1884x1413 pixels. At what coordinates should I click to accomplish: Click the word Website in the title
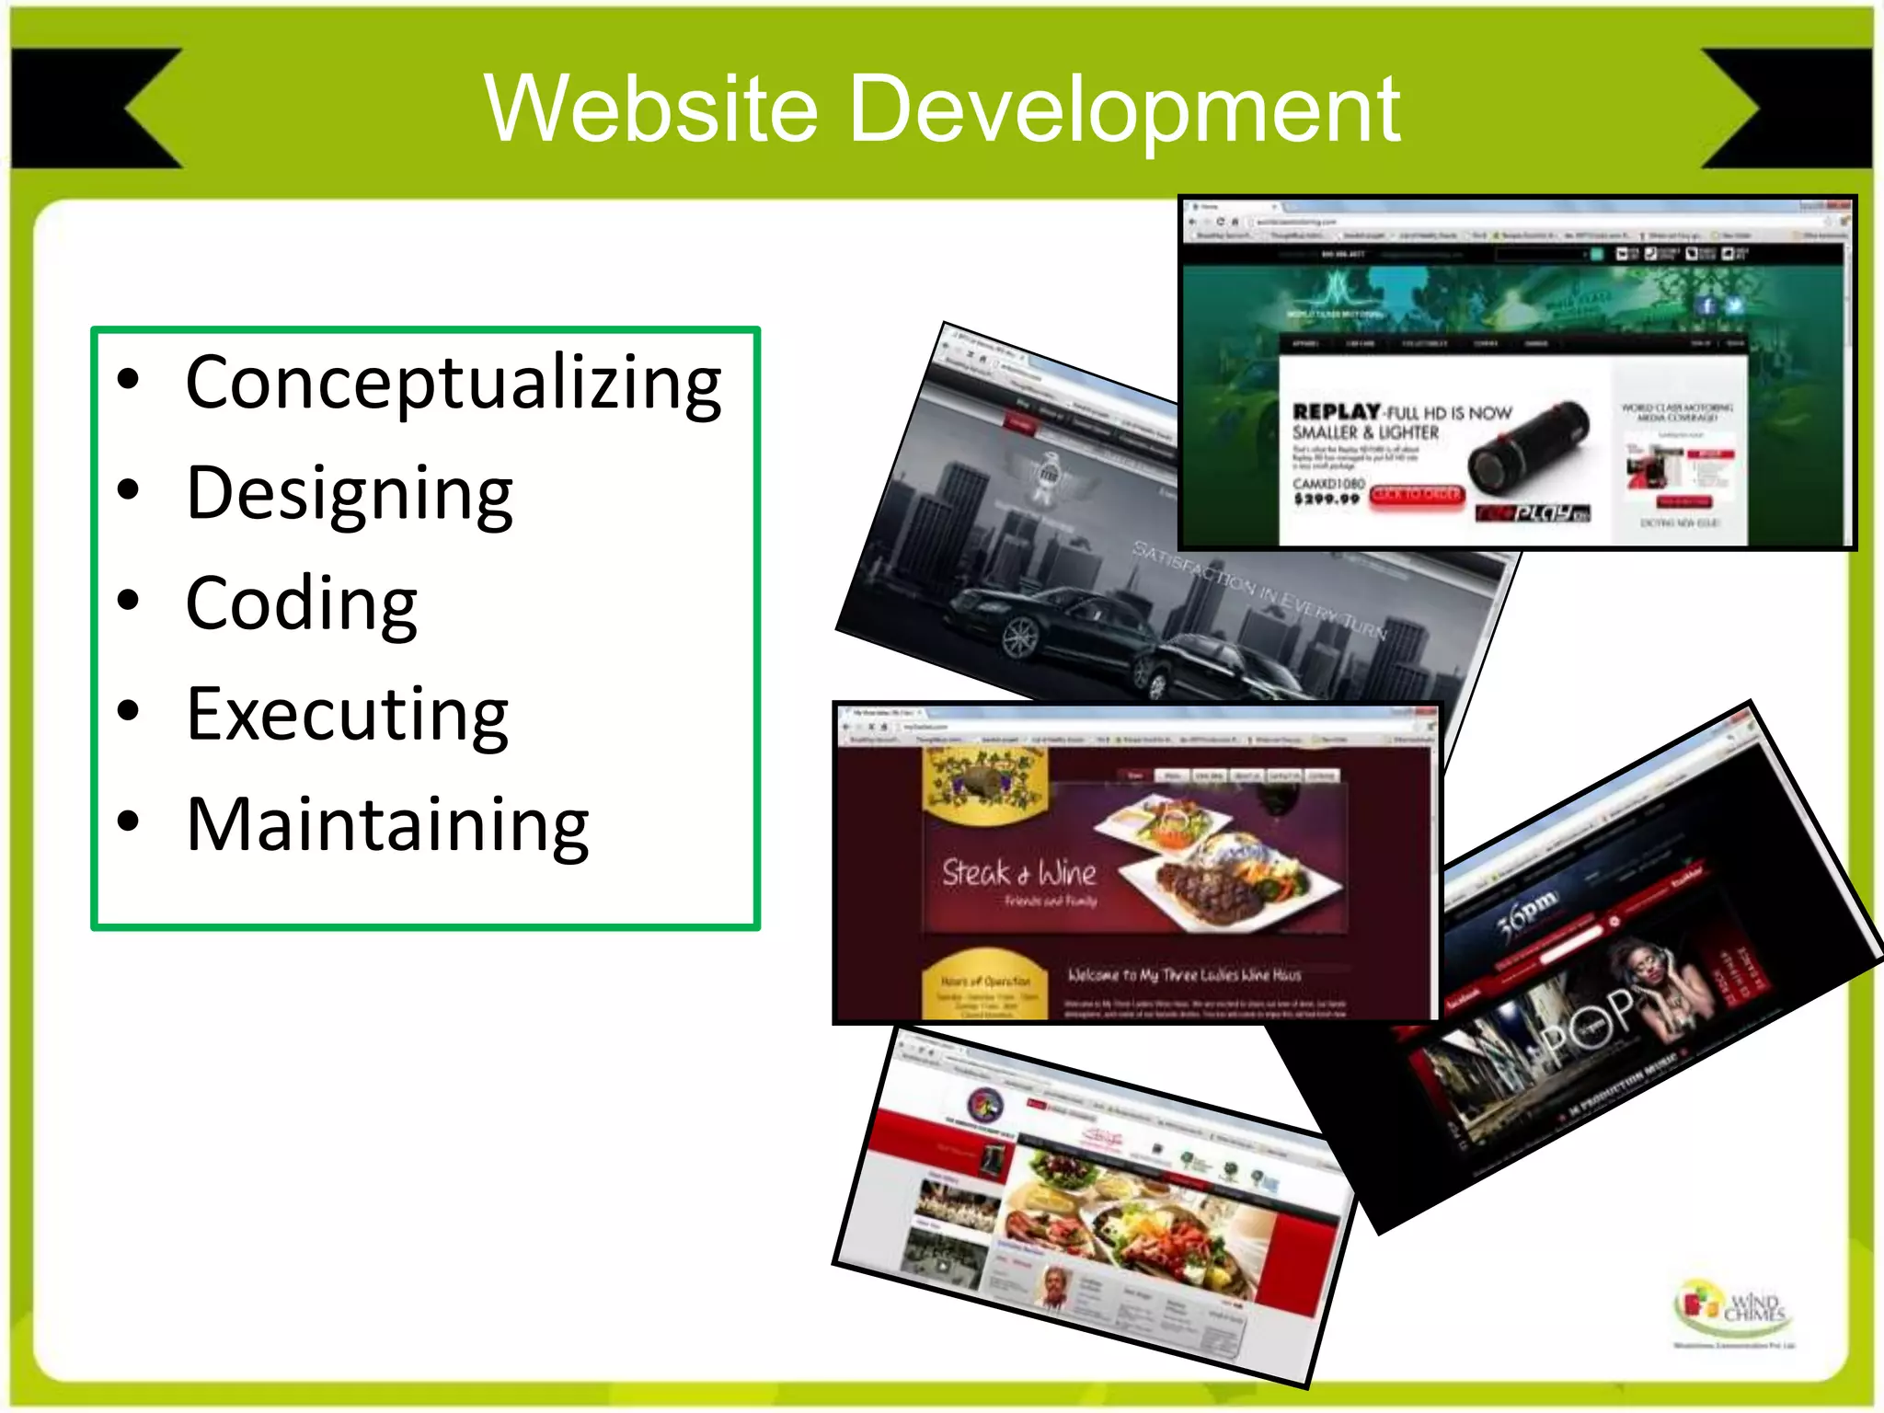tap(650, 109)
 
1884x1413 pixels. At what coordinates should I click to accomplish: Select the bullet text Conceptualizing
tap(454, 383)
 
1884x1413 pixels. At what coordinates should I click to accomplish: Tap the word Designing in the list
tap(349, 494)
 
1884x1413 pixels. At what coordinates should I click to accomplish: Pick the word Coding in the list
tap(301, 603)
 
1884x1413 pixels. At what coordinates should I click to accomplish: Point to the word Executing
tap(347, 715)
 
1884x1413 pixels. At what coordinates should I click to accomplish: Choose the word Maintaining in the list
tap(387, 825)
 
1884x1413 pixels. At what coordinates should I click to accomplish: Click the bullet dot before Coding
tap(129, 601)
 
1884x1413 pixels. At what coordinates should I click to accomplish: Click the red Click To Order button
tap(1416, 495)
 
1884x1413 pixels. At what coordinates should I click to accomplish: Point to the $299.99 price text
tap(1326, 500)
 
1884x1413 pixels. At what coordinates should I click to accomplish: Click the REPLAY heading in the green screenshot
tap(1337, 412)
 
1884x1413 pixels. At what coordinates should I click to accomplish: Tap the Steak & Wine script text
tap(1018, 872)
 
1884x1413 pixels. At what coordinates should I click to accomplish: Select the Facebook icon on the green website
tap(1706, 306)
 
